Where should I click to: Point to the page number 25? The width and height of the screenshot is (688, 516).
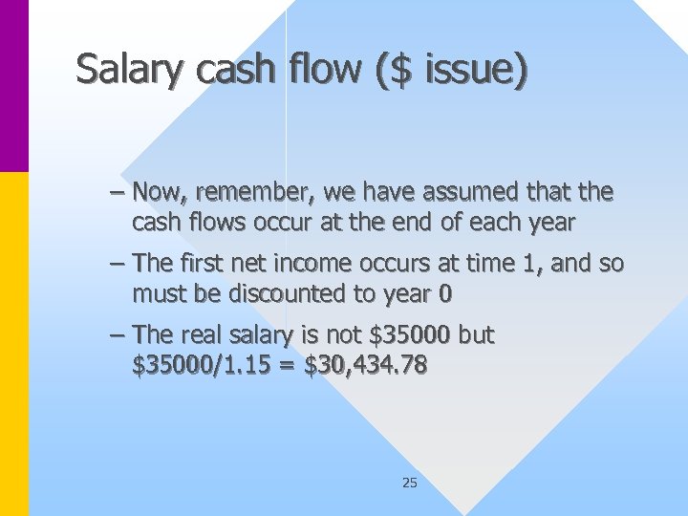[409, 484]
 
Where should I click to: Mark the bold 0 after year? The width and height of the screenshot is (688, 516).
[444, 294]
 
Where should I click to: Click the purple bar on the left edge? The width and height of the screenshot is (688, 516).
[13, 86]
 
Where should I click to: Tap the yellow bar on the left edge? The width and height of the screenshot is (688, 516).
[13, 344]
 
